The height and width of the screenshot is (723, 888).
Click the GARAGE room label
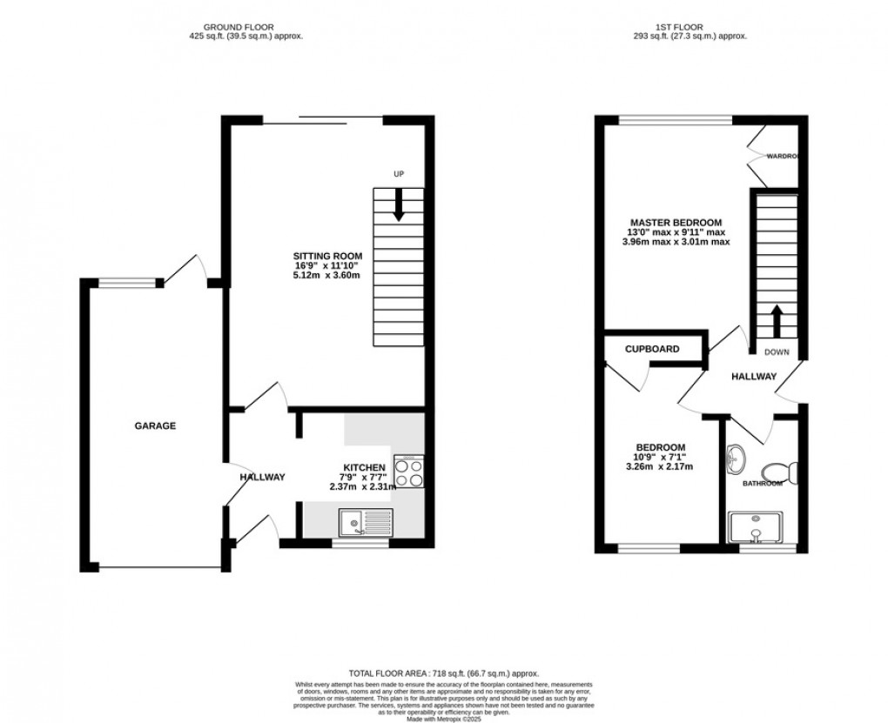pos(155,426)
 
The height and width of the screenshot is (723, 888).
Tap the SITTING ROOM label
pos(326,255)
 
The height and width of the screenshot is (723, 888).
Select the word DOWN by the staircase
pos(777,352)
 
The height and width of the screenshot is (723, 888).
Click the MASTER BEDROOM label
pos(676,223)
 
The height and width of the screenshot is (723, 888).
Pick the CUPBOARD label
pos(652,349)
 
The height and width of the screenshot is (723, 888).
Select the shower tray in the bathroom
pos(761,527)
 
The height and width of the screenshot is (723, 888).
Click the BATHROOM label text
pos(762,483)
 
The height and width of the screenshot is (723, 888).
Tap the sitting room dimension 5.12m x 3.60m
pos(326,275)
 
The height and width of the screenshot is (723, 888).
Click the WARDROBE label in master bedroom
pos(783,157)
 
